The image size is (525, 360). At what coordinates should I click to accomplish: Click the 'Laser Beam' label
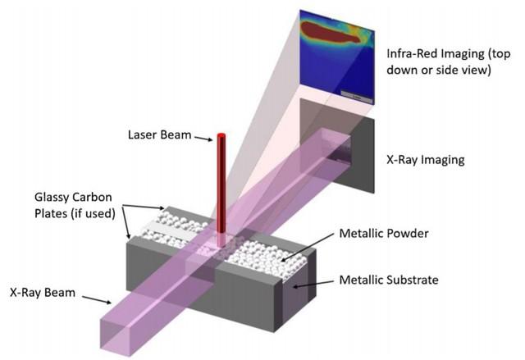coord(159,134)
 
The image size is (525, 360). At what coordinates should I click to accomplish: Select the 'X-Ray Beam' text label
coord(43,293)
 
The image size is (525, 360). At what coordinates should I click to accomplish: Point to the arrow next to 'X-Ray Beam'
coord(97,300)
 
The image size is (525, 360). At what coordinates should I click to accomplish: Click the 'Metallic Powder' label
coord(384,233)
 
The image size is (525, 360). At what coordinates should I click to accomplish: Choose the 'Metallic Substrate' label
coord(389,280)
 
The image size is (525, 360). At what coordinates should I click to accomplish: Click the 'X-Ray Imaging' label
coord(426,160)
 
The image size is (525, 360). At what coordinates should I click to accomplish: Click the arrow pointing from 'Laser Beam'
coord(203,139)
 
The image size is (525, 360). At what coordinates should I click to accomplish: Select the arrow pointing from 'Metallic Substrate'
coord(313,284)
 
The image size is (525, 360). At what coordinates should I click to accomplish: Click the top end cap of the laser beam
coord(221,134)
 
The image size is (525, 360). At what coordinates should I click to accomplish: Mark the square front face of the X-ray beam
coord(116,335)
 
